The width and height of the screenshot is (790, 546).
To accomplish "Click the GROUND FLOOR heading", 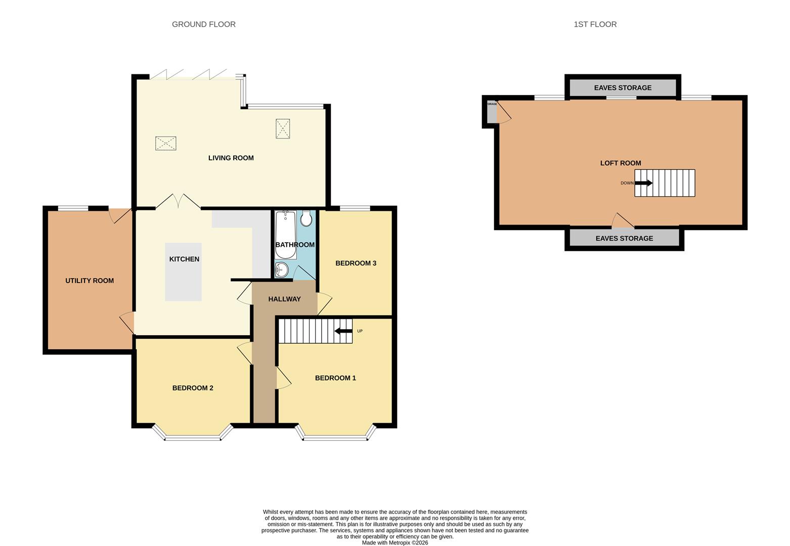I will (x=203, y=24).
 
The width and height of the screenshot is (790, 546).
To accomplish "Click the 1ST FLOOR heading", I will (x=595, y=24).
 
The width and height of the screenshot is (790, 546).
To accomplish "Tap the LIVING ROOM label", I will (x=231, y=158).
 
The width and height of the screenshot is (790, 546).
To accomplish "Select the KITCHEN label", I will (x=184, y=259).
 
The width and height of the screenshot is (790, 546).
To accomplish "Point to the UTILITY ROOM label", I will (x=90, y=281).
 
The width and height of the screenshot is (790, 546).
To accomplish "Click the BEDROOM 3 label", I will (x=356, y=263).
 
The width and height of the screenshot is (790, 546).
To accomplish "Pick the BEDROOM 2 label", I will (x=193, y=388).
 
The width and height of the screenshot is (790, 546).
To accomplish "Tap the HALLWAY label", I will (x=284, y=299).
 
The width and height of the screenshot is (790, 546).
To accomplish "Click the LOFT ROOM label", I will (x=620, y=163).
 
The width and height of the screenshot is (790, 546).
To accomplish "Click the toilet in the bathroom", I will (x=306, y=219).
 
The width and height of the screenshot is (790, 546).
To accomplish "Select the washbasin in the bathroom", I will (x=281, y=270).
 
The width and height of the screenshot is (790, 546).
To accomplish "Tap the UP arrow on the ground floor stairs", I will (x=344, y=331).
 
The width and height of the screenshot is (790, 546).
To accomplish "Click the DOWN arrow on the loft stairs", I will (x=643, y=183).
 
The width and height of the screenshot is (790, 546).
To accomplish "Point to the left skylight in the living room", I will (x=165, y=143).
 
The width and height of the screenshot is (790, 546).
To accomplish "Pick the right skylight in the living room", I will (x=283, y=128).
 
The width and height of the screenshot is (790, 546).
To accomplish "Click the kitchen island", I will (x=183, y=272).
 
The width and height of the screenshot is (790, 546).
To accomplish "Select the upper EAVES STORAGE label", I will (x=623, y=87).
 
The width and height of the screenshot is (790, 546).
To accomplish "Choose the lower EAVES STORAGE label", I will (x=624, y=238).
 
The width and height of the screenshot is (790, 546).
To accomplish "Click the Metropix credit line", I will (x=394, y=542).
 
